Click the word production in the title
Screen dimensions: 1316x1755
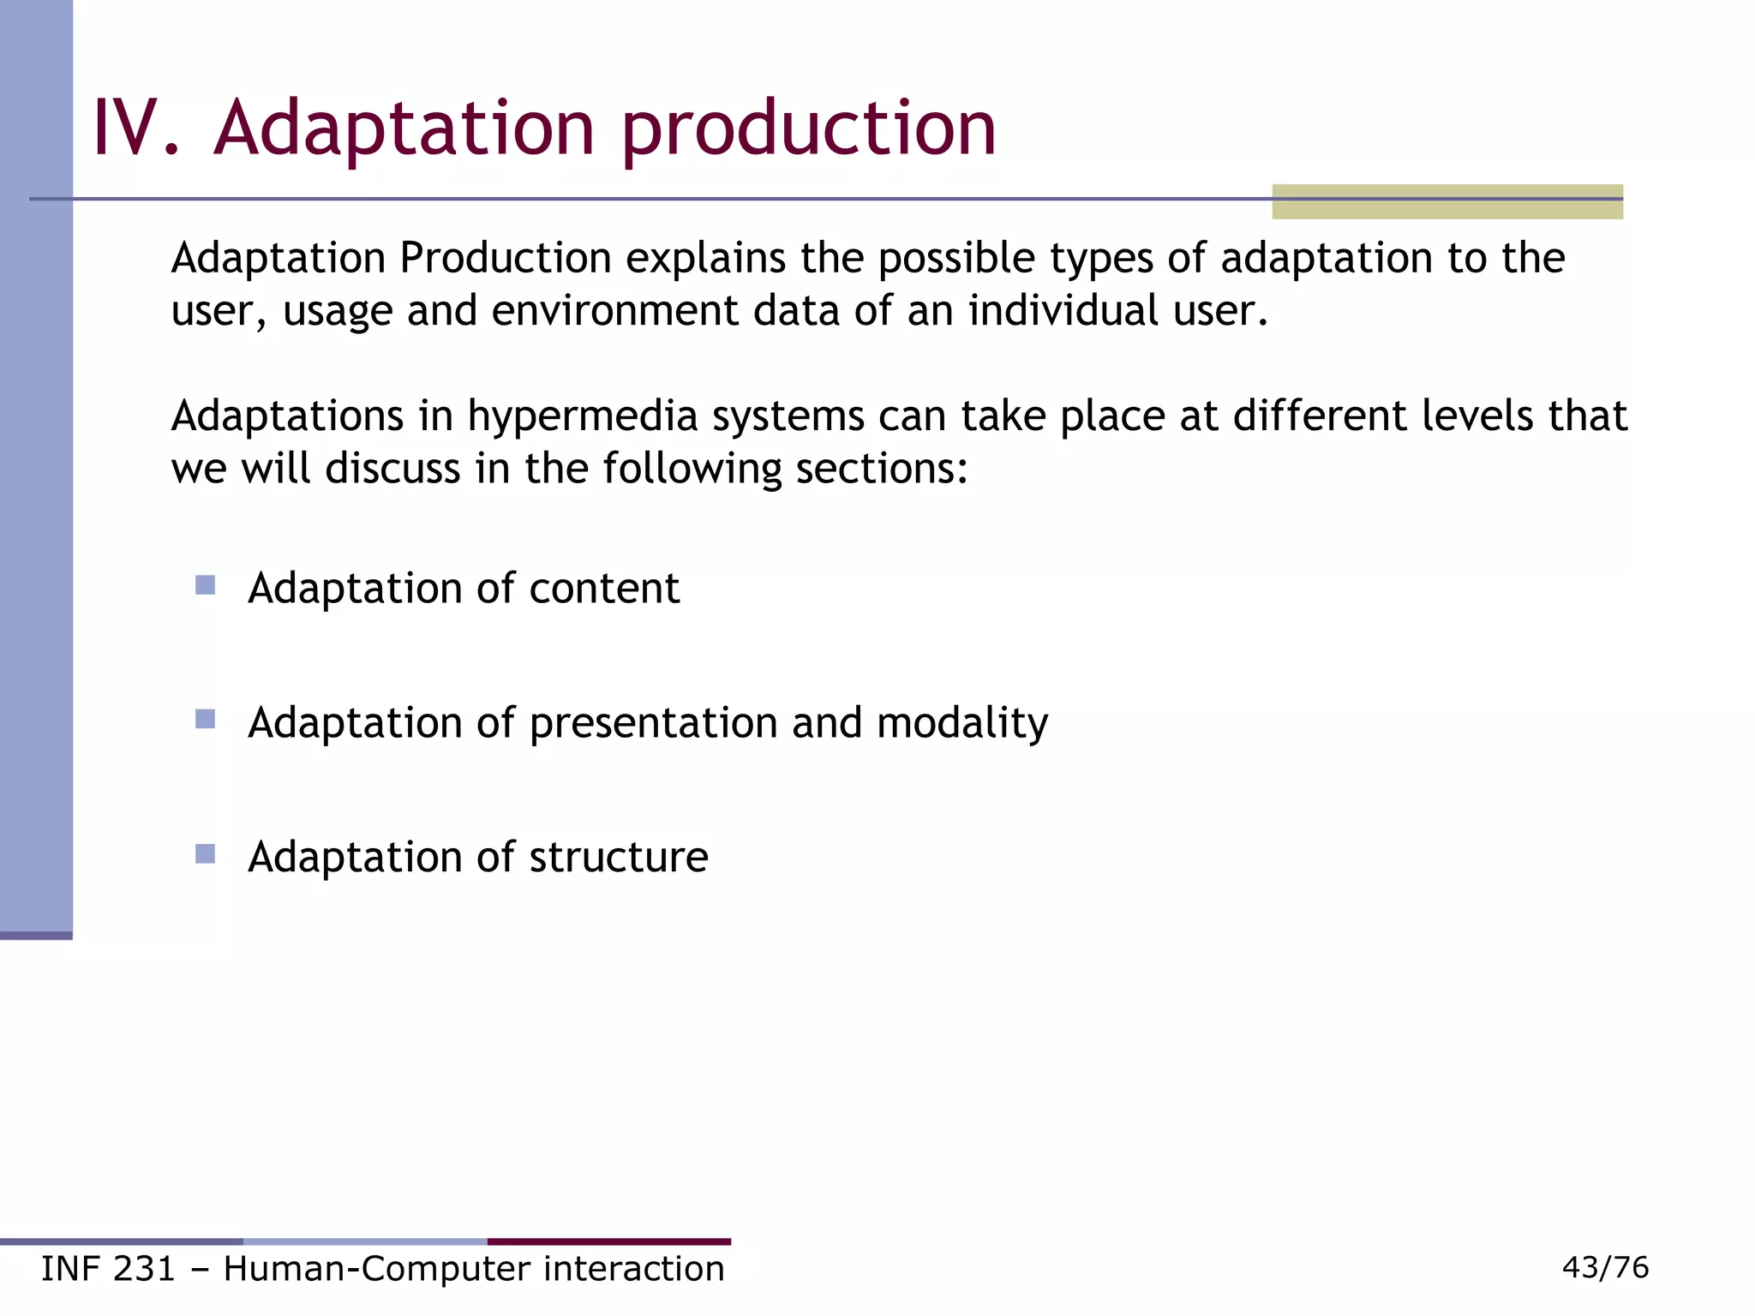808,130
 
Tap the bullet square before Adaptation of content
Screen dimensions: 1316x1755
205,585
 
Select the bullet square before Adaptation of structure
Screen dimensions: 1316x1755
205,854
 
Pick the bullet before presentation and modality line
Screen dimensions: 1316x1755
205,720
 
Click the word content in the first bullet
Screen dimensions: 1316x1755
604,589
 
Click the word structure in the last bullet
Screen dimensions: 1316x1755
619,858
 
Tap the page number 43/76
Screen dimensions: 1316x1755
1605,1267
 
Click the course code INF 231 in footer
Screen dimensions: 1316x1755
108,1269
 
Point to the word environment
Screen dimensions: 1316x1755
614,311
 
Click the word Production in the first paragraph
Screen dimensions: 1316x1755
505,258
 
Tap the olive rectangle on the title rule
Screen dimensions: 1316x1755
1447,202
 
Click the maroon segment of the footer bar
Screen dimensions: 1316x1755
608,1241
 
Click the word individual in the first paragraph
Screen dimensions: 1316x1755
1063,311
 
